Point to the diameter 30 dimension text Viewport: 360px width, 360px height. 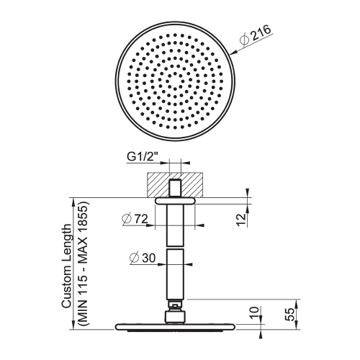143,258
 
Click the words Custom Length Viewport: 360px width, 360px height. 66,266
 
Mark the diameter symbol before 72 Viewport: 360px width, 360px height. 126,220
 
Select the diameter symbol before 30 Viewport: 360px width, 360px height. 135,258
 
